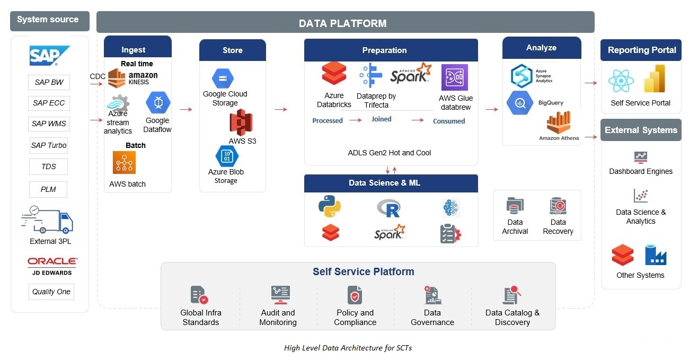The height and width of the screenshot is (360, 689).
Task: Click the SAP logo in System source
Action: pos(49,56)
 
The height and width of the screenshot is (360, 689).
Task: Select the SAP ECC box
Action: pos(49,103)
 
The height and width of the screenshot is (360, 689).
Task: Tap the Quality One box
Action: pos(51,292)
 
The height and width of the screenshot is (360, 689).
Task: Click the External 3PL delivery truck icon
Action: pos(47,219)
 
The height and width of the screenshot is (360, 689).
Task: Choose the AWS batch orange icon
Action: pos(124,162)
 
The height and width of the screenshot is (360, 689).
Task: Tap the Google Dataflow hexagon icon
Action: pos(158,102)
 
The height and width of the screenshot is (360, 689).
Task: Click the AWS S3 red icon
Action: pos(241,122)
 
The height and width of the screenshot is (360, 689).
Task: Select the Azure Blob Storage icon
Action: pos(227,156)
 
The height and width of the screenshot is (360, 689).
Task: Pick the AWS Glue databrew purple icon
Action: pos(455,77)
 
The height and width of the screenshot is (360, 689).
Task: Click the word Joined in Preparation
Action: pos(382,119)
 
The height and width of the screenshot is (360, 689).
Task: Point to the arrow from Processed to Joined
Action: pos(356,120)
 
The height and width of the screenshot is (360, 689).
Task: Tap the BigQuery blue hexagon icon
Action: pos(520,103)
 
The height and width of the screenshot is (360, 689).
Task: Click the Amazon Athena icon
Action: pos(559,122)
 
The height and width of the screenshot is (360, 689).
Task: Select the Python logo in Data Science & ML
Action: pos(330,206)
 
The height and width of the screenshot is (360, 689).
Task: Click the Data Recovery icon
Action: pos(558,206)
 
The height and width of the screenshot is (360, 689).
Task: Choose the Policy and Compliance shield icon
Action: pos(355,295)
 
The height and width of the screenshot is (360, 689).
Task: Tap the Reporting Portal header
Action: pos(641,50)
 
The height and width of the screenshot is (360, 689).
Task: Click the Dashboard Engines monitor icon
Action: pos(641,157)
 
